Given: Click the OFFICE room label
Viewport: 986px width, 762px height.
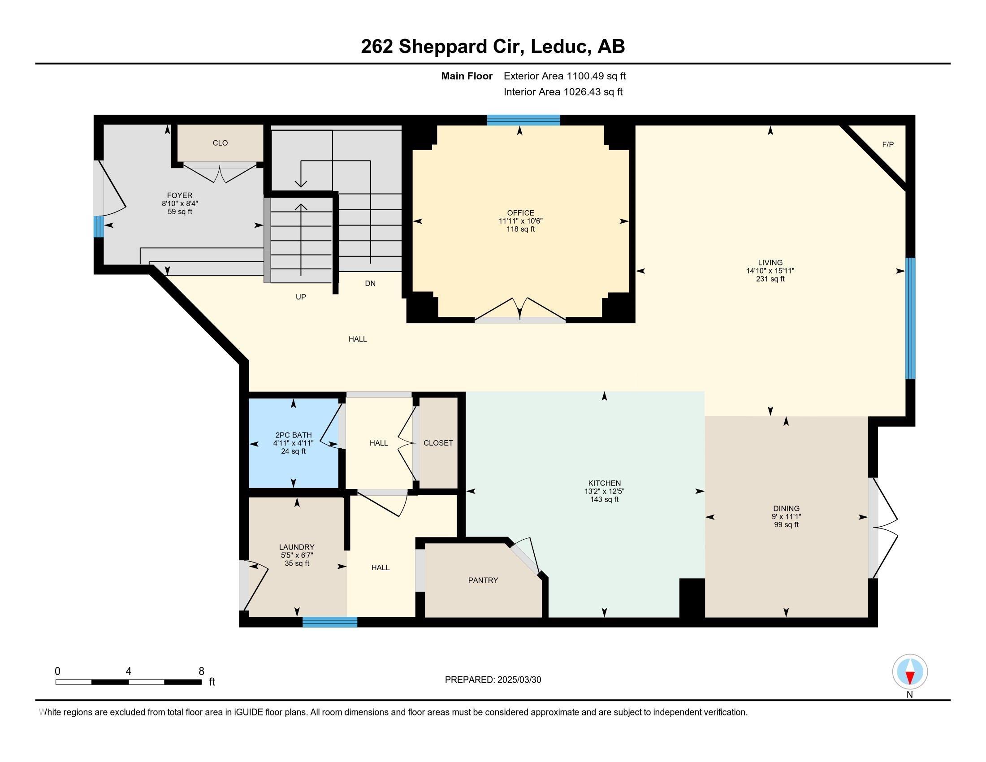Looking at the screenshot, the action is tap(520, 212).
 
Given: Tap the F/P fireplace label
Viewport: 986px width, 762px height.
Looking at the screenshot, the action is tap(887, 144).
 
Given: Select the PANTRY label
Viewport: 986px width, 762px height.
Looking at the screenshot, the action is tap(483, 580).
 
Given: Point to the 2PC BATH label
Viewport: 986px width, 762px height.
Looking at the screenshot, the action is tap(294, 435).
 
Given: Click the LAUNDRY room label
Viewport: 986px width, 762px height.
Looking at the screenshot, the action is tap(297, 547).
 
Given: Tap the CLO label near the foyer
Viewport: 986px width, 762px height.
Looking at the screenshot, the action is tap(221, 143).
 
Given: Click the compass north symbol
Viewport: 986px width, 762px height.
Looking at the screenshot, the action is tap(910, 672).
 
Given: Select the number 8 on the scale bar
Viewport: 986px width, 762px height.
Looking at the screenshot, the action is tap(201, 671).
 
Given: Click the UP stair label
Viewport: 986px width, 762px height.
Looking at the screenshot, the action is tap(301, 297).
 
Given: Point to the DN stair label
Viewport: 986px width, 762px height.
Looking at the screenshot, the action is tap(370, 283).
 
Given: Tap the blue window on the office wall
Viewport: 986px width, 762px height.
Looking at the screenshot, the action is tap(523, 120).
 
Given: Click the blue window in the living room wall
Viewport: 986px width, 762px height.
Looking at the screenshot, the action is tap(911, 318).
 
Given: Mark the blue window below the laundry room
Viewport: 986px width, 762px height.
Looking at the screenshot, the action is tap(330, 622).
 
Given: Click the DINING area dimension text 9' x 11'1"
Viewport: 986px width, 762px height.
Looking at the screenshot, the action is tap(786, 517).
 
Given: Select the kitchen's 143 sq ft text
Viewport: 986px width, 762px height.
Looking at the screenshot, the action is tap(604, 500).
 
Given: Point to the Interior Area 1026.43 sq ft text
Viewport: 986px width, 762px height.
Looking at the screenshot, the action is tap(563, 92).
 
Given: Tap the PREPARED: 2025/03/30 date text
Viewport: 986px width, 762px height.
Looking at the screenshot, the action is tap(493, 680).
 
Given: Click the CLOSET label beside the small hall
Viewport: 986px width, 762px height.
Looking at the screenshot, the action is tap(438, 443).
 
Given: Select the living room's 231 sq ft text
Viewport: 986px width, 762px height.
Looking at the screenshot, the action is tap(770, 279).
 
